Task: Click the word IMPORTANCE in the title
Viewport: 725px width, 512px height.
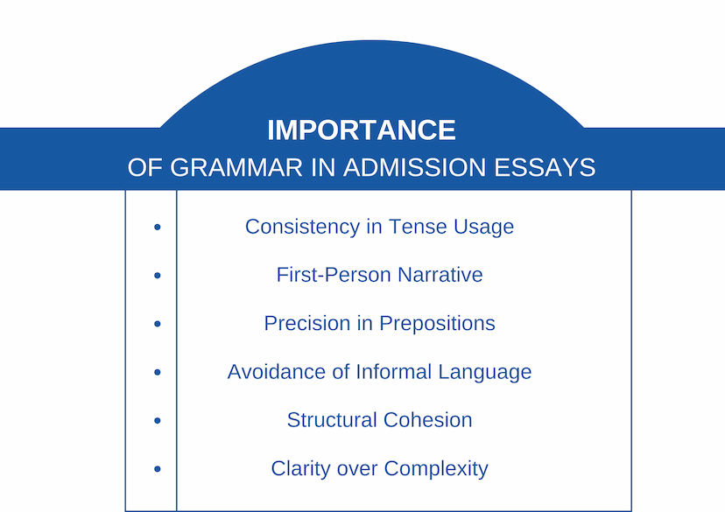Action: coord(362,130)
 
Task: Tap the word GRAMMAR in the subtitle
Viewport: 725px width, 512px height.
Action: coord(236,167)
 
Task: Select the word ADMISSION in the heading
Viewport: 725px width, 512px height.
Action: coord(414,167)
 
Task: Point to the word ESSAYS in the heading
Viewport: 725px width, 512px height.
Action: coord(545,167)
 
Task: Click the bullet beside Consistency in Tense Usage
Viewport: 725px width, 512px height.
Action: coord(158,227)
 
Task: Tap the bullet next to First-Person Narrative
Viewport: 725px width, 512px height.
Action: coord(158,276)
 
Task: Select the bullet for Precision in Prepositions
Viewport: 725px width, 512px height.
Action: coord(158,324)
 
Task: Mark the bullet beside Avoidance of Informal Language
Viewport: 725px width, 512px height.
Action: coord(158,372)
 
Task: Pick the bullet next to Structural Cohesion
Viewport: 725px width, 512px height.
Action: coord(158,420)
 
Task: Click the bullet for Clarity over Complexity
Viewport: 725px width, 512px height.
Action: coord(158,469)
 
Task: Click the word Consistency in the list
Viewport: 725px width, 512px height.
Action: coord(302,228)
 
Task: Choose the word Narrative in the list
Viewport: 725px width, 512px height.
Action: coord(440,275)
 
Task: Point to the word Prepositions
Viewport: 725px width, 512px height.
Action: coord(438,324)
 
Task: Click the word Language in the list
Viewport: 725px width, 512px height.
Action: coord(485,373)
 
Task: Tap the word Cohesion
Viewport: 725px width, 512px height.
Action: coord(427,420)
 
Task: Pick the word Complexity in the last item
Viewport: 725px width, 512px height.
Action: coord(436,469)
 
